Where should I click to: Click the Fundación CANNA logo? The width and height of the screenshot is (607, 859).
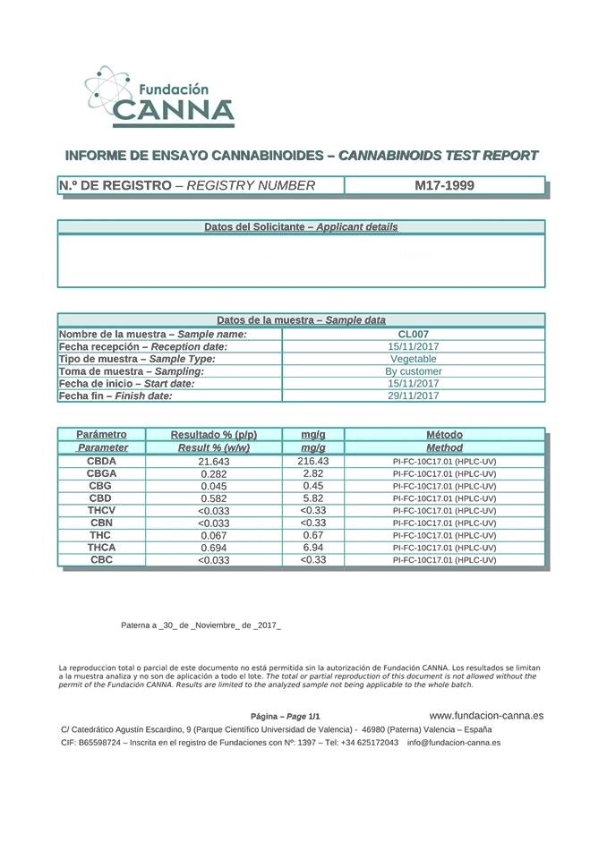[x=160, y=96]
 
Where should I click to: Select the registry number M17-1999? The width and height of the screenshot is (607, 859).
[x=444, y=186]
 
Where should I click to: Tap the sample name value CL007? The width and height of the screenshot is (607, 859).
[x=413, y=334]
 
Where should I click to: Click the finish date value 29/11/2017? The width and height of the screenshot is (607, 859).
[x=413, y=395]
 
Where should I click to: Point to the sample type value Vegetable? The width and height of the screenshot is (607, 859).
[x=413, y=359]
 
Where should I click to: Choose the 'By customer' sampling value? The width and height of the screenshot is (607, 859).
[x=413, y=371]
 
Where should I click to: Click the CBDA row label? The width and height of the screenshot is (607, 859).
[x=100, y=461]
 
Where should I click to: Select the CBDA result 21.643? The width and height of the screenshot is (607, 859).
[x=214, y=462]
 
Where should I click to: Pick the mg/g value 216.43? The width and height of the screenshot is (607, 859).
[x=312, y=461]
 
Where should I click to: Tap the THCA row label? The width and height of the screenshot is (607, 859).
[x=101, y=547]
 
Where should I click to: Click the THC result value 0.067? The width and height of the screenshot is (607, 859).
[x=214, y=535]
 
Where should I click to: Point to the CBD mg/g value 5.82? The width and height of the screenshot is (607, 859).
[x=312, y=498]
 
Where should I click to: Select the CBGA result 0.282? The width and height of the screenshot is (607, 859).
[x=214, y=474]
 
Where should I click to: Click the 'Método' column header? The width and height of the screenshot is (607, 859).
[x=444, y=435]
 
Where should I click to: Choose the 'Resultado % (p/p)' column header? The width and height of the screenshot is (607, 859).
[x=214, y=435]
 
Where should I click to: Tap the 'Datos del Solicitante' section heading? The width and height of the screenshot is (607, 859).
[x=301, y=227]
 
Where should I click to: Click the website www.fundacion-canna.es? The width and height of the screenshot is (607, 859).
[x=486, y=716]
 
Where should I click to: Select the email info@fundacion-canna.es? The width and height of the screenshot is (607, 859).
[x=453, y=743]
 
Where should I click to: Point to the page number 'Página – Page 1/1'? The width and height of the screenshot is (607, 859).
[x=285, y=717]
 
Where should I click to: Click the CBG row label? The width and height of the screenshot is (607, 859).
[x=100, y=485]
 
